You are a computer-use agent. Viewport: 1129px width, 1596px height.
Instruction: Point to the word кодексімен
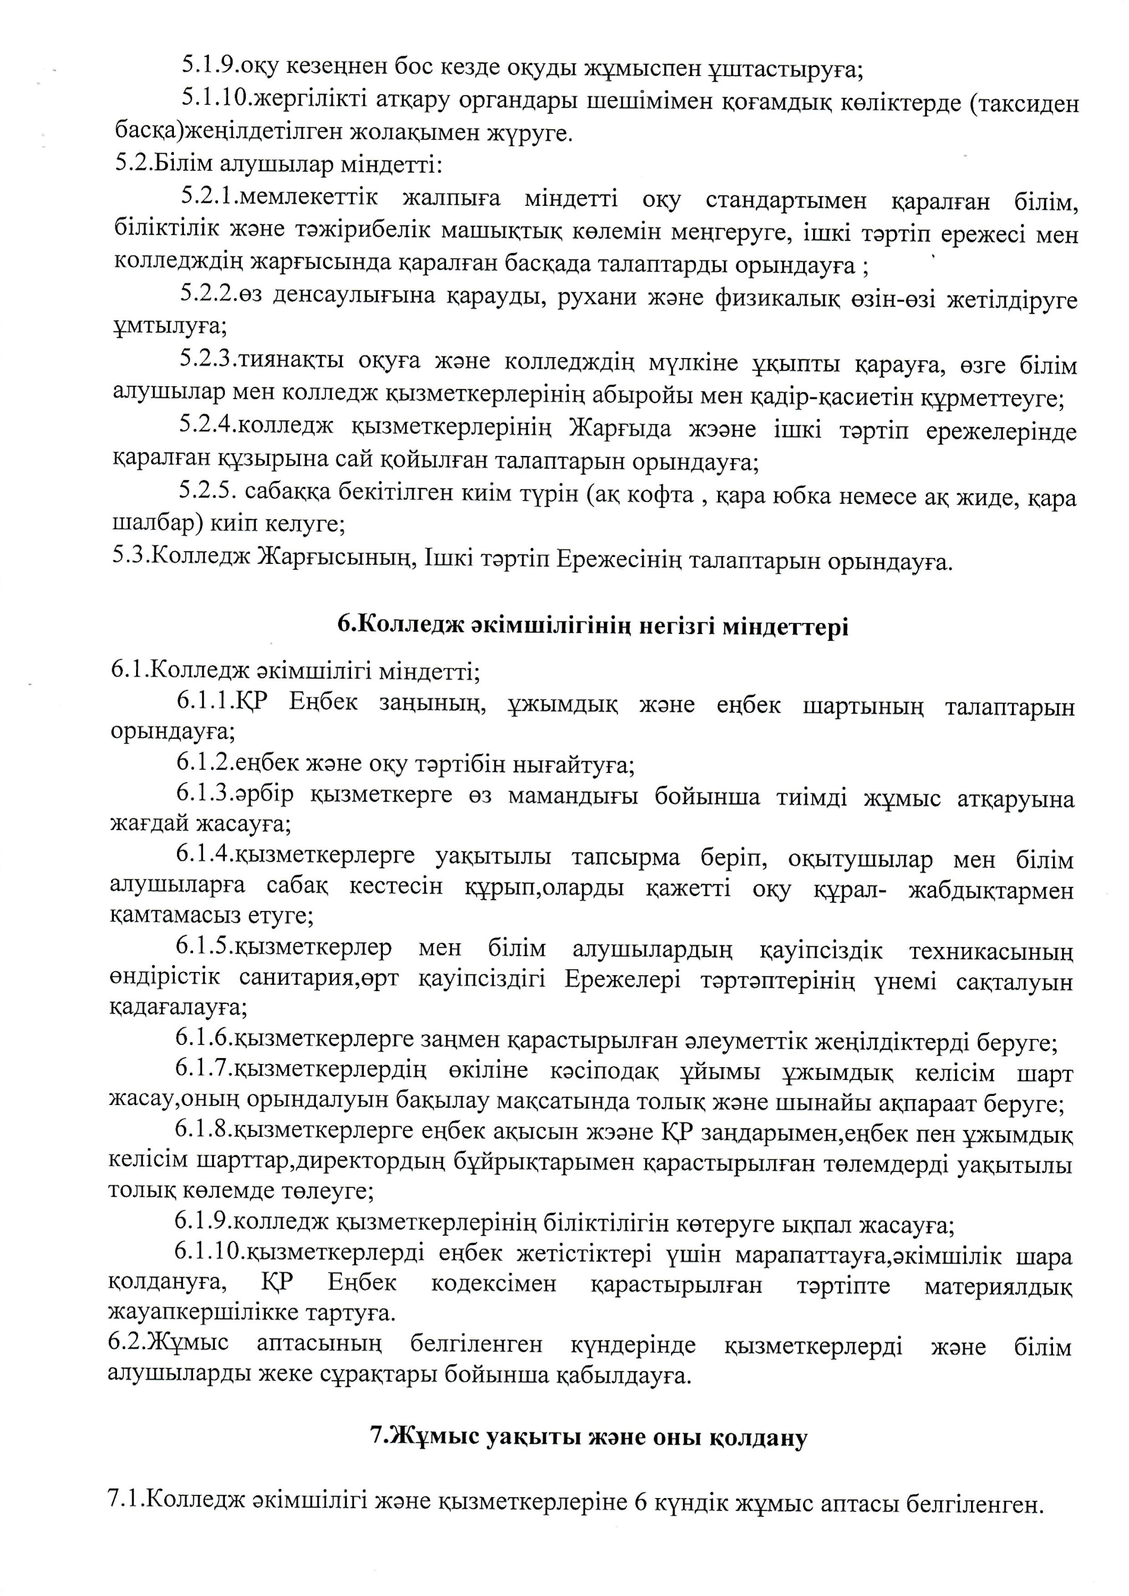point(494,1284)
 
